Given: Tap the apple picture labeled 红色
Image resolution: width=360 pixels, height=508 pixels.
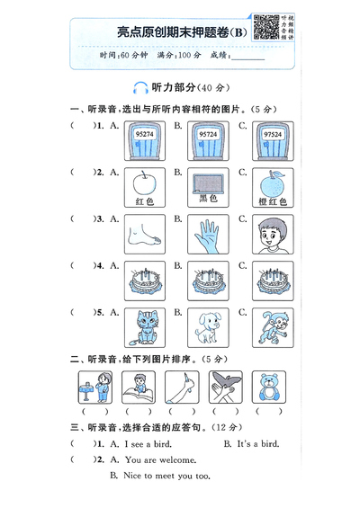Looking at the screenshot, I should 142,184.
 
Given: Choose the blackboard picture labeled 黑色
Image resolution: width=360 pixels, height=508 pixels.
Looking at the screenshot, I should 207,183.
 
